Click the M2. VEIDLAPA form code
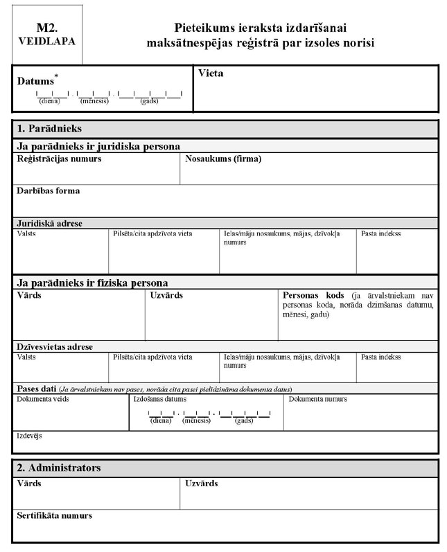point(46,35)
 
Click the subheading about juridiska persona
point(98,146)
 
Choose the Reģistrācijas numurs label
point(59,159)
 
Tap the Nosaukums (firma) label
point(223,159)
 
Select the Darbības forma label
point(48,190)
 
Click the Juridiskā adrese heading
point(49,223)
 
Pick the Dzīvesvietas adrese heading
point(55,346)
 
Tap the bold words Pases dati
point(36,389)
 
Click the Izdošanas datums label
point(159,399)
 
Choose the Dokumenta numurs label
point(318,399)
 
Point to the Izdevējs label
point(30,436)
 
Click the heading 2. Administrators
point(59,468)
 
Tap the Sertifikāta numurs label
point(54,516)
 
